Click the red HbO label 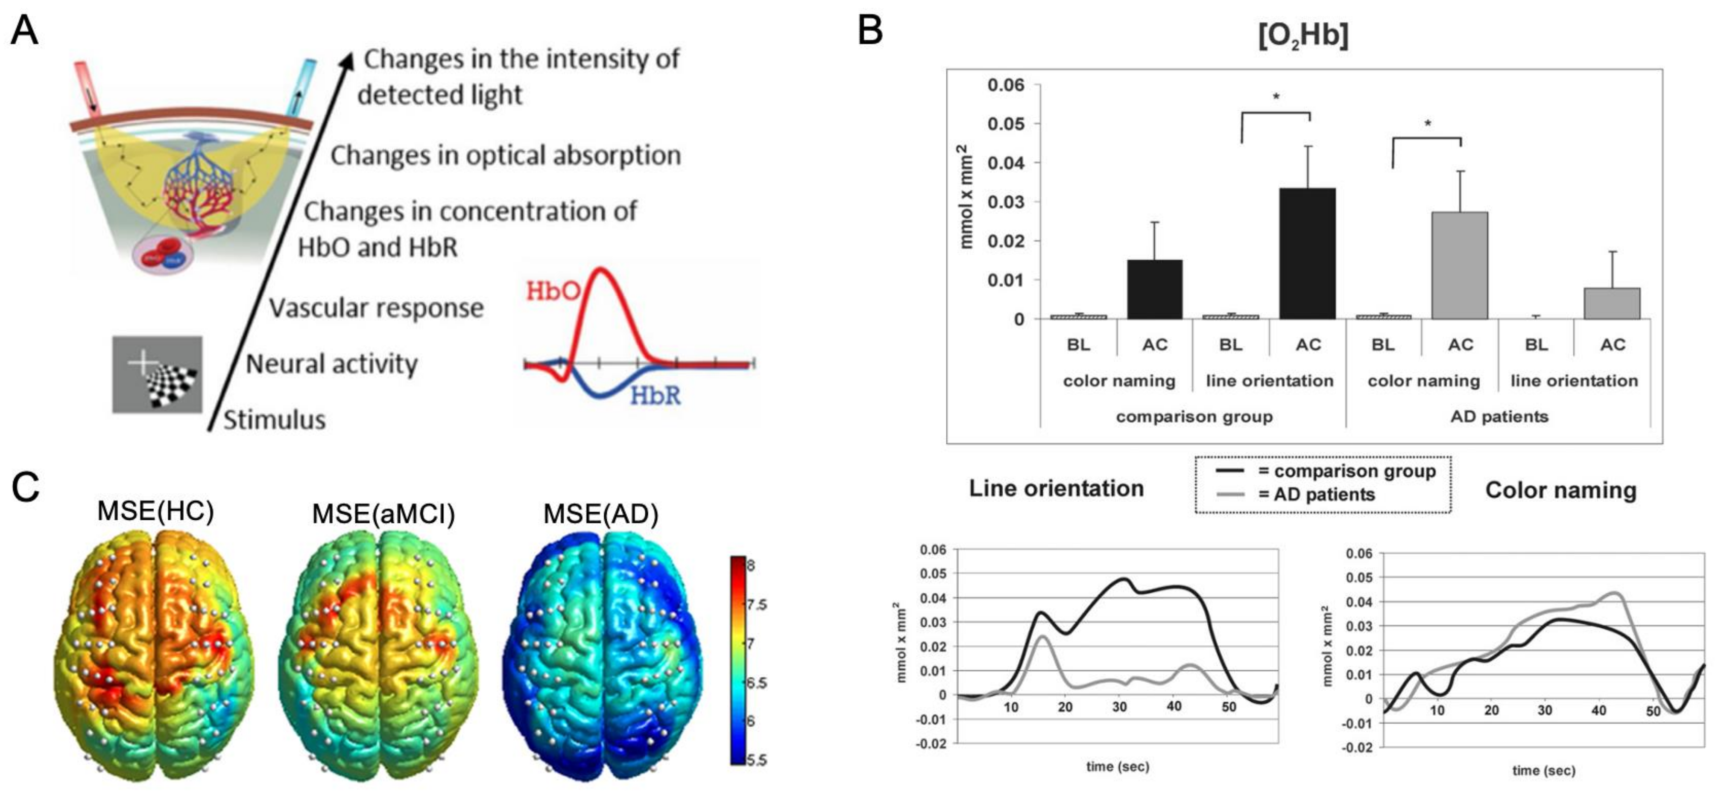coord(552,291)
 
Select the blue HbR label coord(655,396)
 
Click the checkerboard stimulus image coord(157,375)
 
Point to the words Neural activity coord(332,364)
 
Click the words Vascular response coord(376,309)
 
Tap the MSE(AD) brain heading coord(600,514)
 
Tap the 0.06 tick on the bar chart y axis coord(1006,85)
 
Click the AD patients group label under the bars coord(1499,417)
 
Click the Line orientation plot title coord(1056,488)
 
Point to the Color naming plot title coord(1561,490)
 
